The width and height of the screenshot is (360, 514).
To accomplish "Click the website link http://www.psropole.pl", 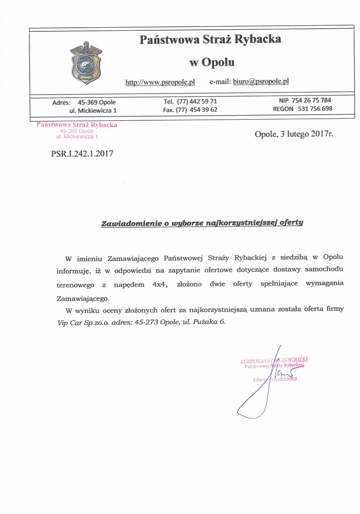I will tap(160, 82).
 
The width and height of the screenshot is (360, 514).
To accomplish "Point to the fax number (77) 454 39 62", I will tap(197, 109).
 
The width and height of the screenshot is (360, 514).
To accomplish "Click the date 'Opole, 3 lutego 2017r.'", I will tap(294, 135).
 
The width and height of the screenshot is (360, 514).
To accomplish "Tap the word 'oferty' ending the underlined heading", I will tap(291, 223).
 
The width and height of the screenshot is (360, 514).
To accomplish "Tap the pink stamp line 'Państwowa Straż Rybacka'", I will tap(77, 125).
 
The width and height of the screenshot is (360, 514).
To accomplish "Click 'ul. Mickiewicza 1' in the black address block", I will tap(93, 110).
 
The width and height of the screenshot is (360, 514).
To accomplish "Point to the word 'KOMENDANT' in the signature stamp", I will tap(257, 361).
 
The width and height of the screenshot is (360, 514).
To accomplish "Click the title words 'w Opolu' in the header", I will tap(212, 63).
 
